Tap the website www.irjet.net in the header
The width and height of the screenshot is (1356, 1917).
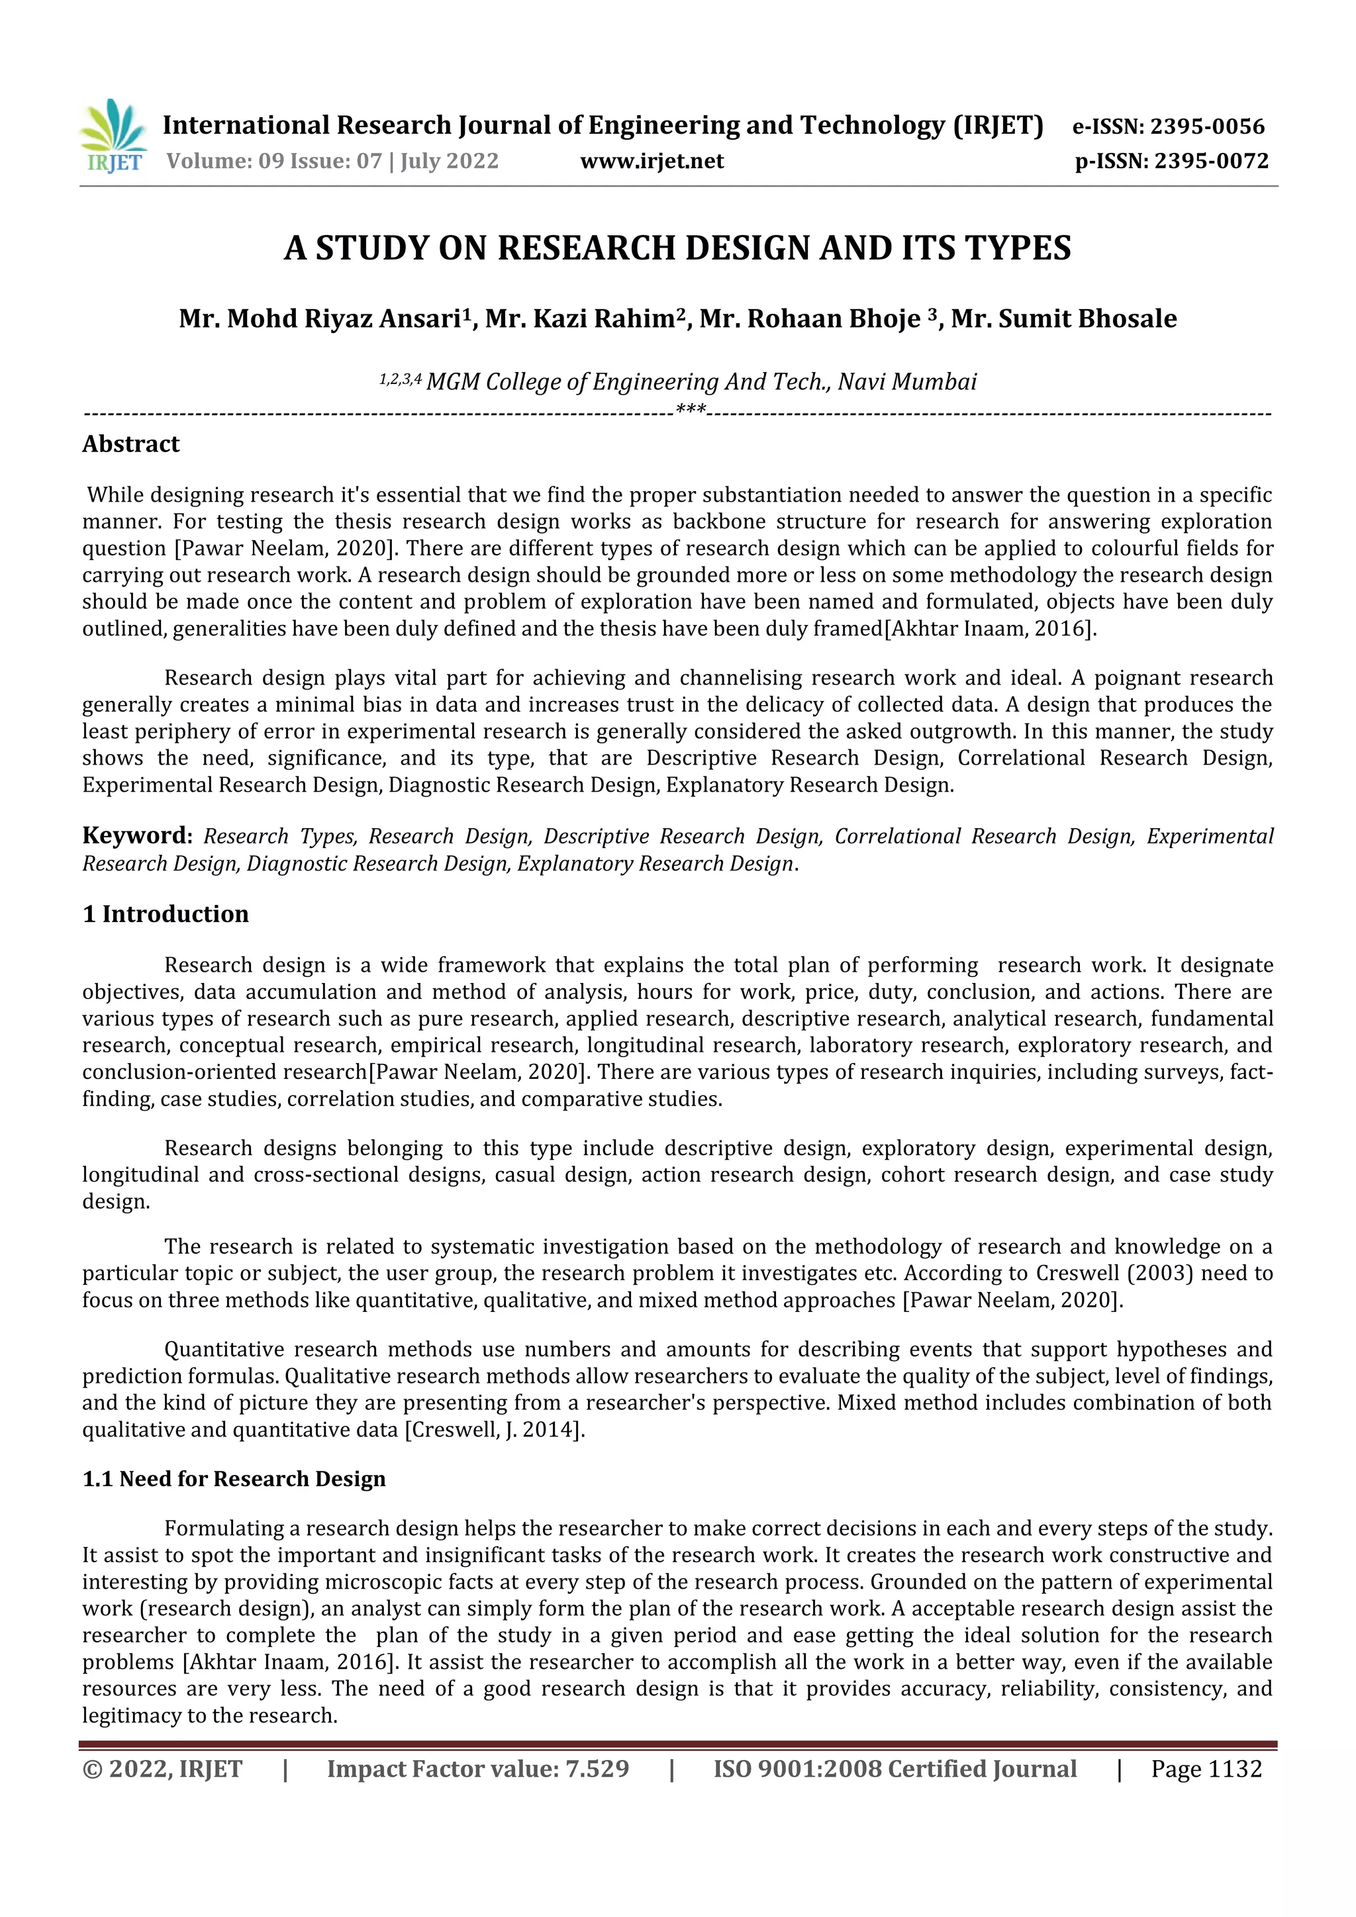pos(652,161)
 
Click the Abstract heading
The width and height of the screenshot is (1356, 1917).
pos(131,444)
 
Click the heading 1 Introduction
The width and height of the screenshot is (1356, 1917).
pos(166,914)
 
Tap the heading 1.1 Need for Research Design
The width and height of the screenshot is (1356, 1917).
pos(234,1479)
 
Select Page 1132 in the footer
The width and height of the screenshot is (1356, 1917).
pos(1206,1769)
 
